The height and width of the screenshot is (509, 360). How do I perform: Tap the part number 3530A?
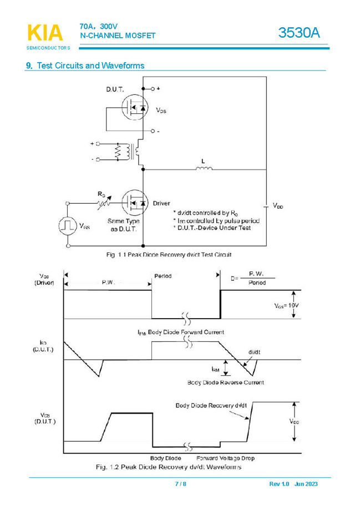[x=299, y=33]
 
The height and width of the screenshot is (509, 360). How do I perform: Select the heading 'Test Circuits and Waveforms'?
[x=90, y=65]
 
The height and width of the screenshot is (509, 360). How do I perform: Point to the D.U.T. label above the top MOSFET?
[x=115, y=89]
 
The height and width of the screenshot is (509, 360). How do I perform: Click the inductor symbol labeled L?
[x=204, y=168]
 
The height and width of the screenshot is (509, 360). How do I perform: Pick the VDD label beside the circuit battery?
[x=277, y=206]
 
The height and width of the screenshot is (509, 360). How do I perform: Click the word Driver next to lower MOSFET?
[x=161, y=203]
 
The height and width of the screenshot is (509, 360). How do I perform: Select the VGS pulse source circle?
[x=68, y=225]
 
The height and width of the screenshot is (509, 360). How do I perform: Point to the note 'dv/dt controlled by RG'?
[x=205, y=213]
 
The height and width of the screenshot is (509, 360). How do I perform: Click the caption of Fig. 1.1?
[x=169, y=255]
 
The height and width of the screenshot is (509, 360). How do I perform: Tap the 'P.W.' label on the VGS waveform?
[x=108, y=283]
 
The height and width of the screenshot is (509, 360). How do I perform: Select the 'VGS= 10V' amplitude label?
[x=287, y=305]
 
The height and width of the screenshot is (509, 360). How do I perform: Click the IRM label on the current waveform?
[x=216, y=369]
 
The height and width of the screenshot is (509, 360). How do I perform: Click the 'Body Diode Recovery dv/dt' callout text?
[x=211, y=405]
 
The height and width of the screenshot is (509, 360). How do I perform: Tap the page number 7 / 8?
[x=180, y=484]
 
